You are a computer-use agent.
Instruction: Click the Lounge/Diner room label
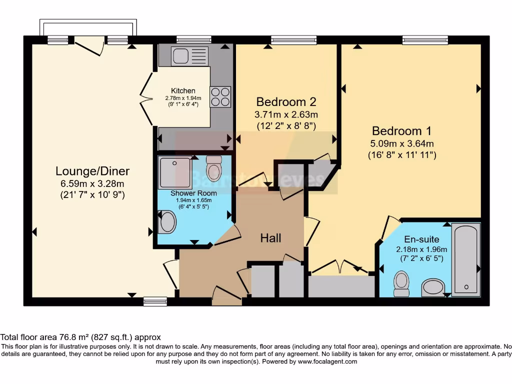click(92, 171)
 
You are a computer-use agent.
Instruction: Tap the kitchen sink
click(189, 56)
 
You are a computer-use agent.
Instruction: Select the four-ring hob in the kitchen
click(220, 97)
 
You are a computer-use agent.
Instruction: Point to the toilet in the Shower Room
click(214, 164)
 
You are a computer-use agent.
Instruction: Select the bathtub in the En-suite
click(466, 258)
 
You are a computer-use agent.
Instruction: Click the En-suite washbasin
click(432, 287)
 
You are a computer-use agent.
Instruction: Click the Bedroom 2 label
click(286, 102)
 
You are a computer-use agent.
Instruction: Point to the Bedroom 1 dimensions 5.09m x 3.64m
click(402, 143)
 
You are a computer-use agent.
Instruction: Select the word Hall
click(270, 238)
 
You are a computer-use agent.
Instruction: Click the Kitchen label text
click(183, 90)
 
